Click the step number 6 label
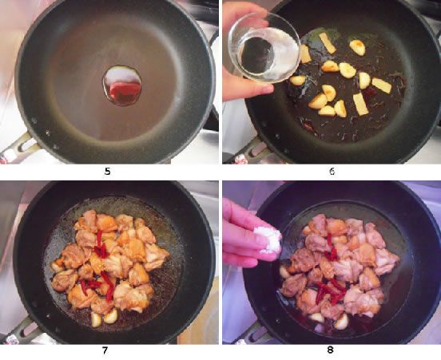point(329,170)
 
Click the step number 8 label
point(329,349)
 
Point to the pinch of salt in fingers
point(266,237)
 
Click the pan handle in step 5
point(20,147)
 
